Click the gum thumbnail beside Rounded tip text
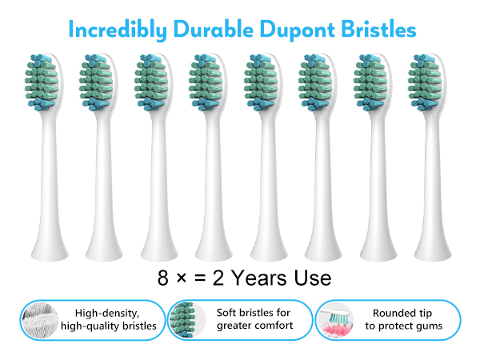click(x=334, y=319)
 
